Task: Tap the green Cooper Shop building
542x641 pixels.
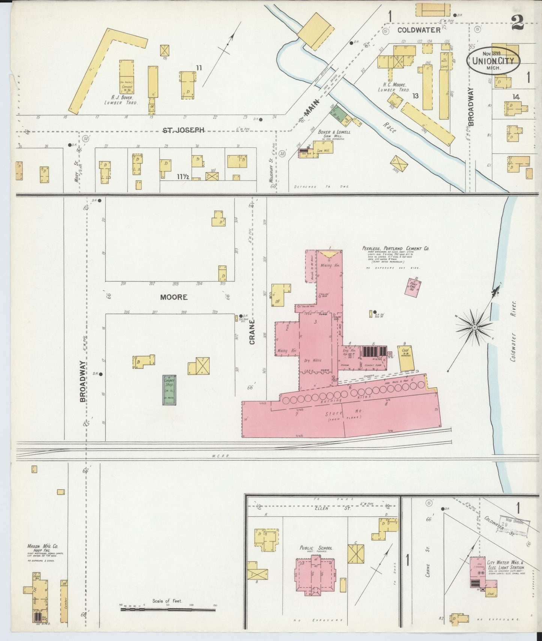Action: click(170, 390)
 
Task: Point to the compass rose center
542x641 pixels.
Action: click(474, 327)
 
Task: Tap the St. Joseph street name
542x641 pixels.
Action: click(183, 130)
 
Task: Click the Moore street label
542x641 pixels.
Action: click(174, 297)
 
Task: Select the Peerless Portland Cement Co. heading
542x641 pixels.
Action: click(396, 249)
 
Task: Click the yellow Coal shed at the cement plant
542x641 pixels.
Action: click(406, 358)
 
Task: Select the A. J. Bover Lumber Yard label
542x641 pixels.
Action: click(121, 100)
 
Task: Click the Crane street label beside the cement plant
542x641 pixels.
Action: click(252, 332)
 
